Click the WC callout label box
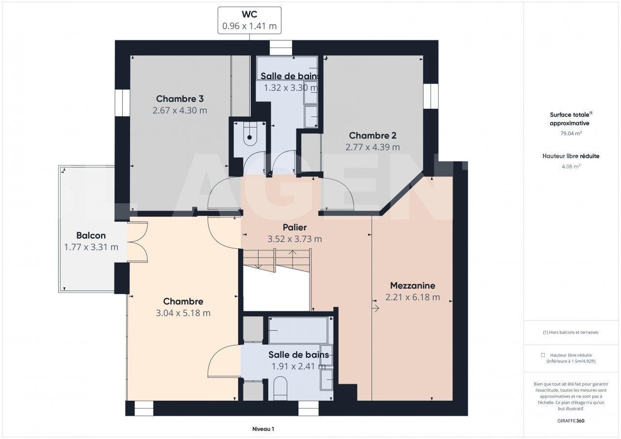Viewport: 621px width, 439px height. click(x=249, y=20)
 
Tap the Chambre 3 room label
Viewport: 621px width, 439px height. click(x=180, y=98)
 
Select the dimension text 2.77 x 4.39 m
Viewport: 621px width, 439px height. click(x=373, y=147)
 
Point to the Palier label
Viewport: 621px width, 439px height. click(x=294, y=228)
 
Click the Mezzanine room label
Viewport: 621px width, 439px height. click(x=412, y=285)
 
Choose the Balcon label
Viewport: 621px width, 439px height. click(x=91, y=236)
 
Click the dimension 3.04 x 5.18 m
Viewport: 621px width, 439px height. click(x=183, y=313)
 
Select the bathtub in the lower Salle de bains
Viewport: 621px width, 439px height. click(x=298, y=330)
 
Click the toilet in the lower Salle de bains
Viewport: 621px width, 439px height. click(x=280, y=388)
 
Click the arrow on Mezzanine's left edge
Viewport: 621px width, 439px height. click(x=376, y=308)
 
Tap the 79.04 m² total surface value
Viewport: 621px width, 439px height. click(x=571, y=133)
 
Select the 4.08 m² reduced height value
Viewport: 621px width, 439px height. click(x=571, y=166)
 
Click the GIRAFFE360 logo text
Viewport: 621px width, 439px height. click(x=571, y=421)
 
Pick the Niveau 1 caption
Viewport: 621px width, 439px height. click(x=263, y=429)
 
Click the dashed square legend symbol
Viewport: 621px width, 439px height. click(x=543, y=355)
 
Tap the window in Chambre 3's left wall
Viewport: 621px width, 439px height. click(x=122, y=103)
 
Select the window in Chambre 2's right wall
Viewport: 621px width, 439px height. click(x=431, y=96)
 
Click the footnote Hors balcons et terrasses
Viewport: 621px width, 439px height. click(x=571, y=332)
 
